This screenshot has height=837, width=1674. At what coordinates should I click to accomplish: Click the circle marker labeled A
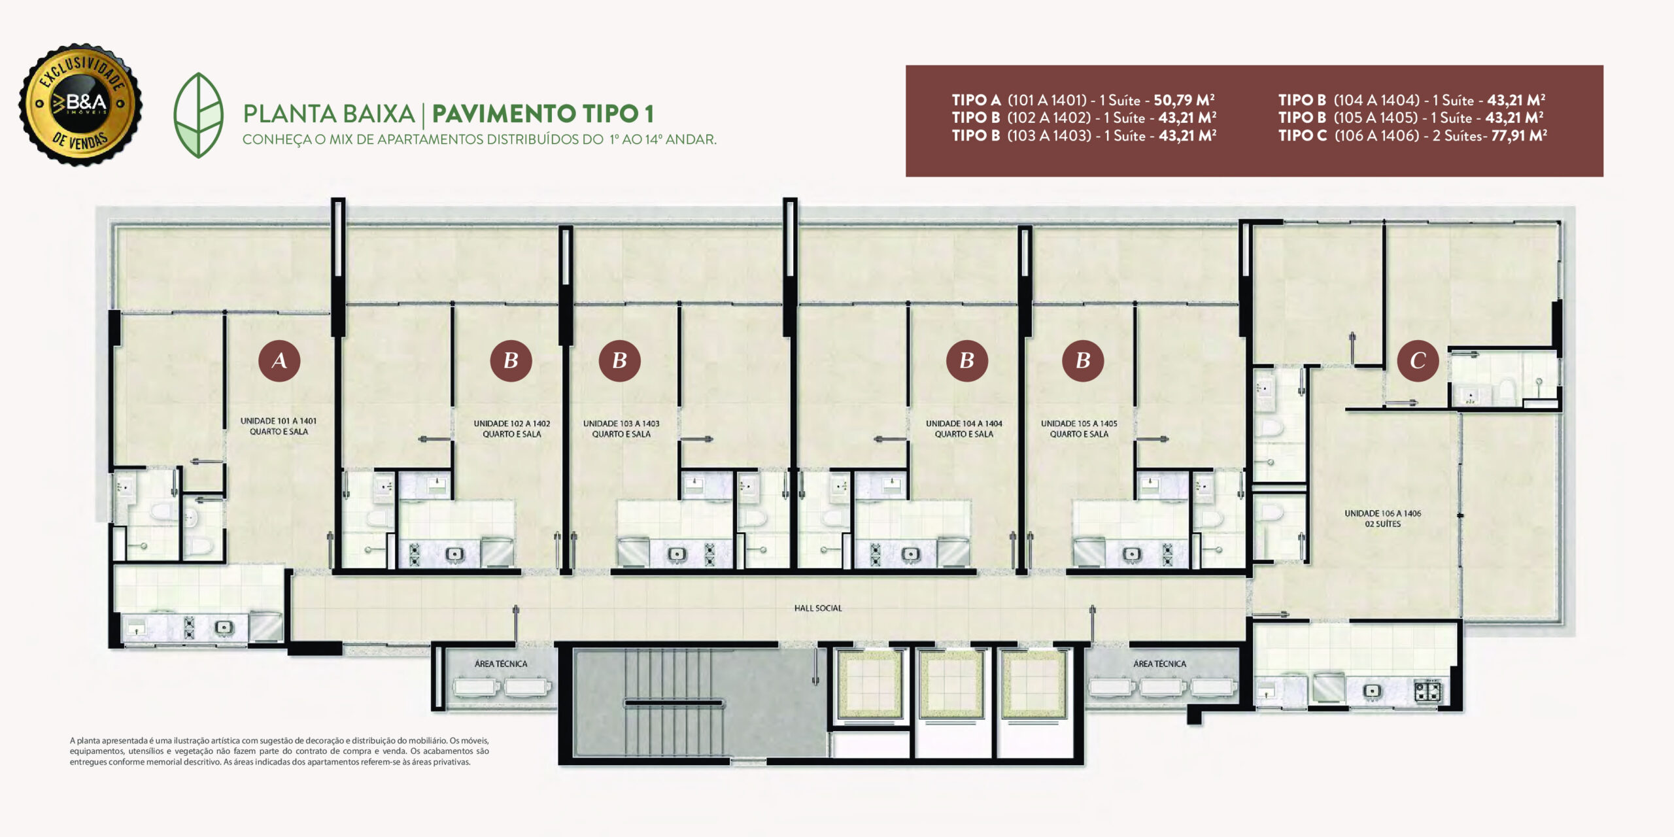(x=279, y=360)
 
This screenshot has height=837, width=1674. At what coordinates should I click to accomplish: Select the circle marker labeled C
(x=1418, y=360)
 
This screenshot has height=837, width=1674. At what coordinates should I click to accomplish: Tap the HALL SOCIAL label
(x=818, y=608)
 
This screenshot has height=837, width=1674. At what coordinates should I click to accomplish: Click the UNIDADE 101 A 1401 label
(x=279, y=421)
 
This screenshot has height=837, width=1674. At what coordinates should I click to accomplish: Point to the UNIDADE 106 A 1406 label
(x=1383, y=513)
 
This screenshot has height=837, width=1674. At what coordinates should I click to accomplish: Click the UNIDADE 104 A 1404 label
(x=964, y=424)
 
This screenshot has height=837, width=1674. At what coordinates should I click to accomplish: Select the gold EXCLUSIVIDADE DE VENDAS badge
(x=80, y=104)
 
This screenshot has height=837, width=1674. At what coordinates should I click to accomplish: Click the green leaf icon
(x=198, y=115)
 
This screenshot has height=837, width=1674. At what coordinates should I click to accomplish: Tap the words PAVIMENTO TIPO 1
(x=543, y=114)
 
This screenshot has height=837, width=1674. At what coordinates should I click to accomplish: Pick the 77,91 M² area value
(x=1519, y=135)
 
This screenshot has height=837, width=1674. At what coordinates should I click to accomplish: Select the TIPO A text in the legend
(x=976, y=100)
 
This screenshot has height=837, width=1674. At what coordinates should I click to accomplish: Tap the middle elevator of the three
(x=951, y=684)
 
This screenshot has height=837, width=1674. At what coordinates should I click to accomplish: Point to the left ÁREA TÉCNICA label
(x=501, y=664)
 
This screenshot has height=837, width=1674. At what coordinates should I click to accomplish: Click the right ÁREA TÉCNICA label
(x=1159, y=664)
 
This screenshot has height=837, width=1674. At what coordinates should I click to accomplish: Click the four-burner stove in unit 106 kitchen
(x=1427, y=691)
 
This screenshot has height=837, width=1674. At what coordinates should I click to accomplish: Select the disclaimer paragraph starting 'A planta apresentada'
(x=279, y=751)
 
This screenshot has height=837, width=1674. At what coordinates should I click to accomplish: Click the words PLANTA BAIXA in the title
(x=329, y=114)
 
